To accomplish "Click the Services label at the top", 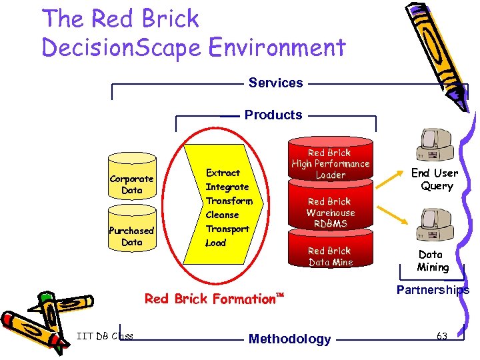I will pyautogui.click(x=275, y=83).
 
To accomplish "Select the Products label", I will pyautogui.click(x=273, y=115).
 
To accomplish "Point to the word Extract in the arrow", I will pyautogui.click(x=223, y=173).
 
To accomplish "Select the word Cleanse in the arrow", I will pyautogui.click(x=222, y=215).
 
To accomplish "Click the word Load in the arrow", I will pyautogui.click(x=215, y=243).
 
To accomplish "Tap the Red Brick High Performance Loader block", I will pyautogui.click(x=330, y=163).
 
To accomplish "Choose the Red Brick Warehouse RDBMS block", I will pyautogui.click(x=330, y=212).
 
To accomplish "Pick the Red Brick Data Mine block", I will pyautogui.click(x=329, y=256).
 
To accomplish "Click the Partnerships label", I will pyautogui.click(x=433, y=290).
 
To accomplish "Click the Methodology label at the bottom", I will pyautogui.click(x=289, y=339).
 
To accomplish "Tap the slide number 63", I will pyautogui.click(x=441, y=336).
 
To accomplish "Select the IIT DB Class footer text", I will pyautogui.click(x=105, y=335).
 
